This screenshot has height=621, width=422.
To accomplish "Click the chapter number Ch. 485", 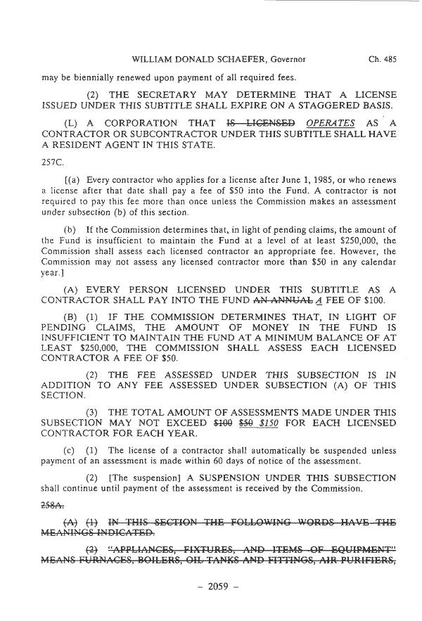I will point(382,60).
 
